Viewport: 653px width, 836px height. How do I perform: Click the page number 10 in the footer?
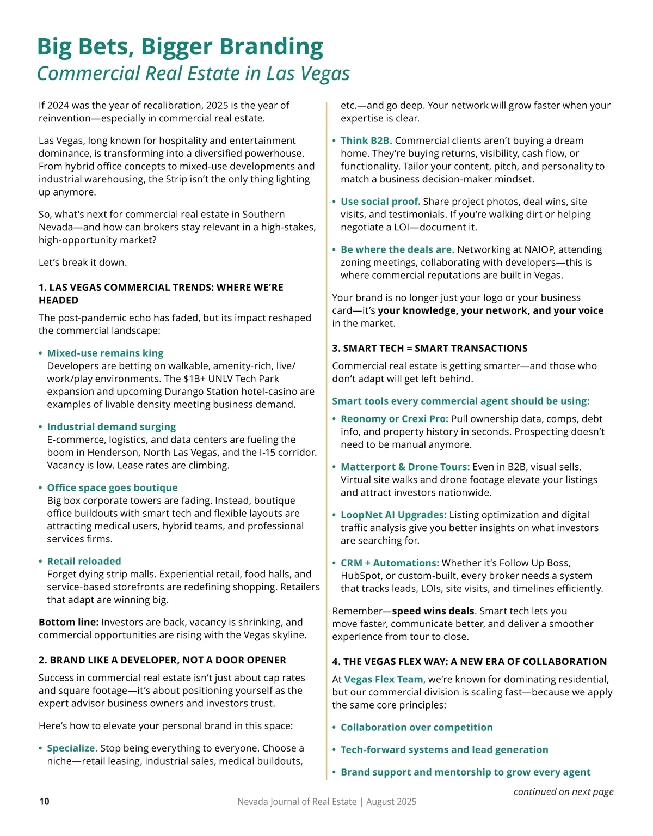click(x=44, y=801)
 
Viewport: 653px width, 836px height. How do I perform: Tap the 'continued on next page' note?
click(x=563, y=791)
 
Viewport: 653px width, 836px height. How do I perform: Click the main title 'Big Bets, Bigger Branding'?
click(x=180, y=47)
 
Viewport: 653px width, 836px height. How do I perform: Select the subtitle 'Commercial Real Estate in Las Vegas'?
click(x=193, y=74)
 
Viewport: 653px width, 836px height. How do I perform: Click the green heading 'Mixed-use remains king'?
click(x=105, y=353)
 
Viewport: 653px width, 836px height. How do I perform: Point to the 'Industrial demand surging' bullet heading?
click(x=111, y=426)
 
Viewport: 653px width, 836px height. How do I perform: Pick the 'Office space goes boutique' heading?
click(x=112, y=487)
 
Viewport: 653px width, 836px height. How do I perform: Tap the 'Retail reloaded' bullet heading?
click(x=84, y=561)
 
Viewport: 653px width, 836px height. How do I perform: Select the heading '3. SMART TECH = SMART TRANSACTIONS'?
click(x=430, y=348)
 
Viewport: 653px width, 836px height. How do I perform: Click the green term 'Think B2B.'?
click(x=366, y=141)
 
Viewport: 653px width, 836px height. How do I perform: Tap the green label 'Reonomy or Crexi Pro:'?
click(x=395, y=419)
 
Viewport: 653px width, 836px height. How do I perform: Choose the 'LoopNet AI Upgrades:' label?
click(x=393, y=515)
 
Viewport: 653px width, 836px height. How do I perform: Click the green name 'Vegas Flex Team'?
click(x=384, y=679)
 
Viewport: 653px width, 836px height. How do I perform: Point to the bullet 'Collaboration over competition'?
click(x=416, y=727)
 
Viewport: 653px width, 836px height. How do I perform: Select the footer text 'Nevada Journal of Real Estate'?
click(x=297, y=802)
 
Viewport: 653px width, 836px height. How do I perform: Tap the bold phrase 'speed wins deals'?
click(x=433, y=611)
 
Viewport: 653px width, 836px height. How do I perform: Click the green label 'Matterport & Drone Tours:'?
click(x=405, y=467)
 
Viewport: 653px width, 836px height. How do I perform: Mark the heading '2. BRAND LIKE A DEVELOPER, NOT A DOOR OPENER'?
click(x=162, y=660)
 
